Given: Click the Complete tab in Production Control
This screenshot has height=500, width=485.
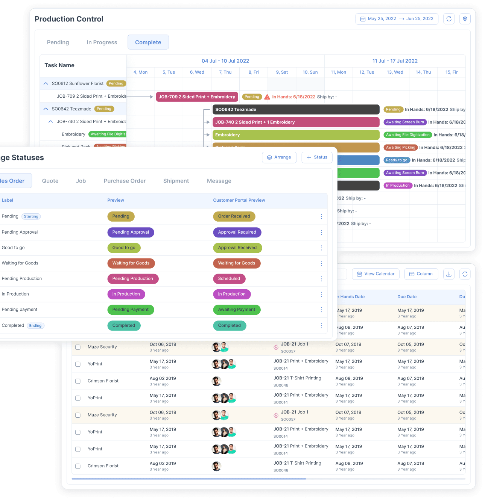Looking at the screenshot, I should (x=148, y=42).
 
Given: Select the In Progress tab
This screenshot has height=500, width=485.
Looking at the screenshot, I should (x=102, y=42).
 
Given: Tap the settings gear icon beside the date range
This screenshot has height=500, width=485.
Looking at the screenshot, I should (x=465, y=19).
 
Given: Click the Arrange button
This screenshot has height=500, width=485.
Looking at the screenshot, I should (x=279, y=157).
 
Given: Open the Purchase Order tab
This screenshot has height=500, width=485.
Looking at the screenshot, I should (x=125, y=181).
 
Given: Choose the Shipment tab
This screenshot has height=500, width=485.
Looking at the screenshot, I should (x=176, y=181).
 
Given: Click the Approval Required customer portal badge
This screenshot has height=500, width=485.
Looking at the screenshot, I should (x=237, y=232).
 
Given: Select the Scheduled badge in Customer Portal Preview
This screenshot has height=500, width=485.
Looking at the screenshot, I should (x=229, y=279).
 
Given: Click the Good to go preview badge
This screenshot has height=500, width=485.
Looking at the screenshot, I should (x=124, y=248).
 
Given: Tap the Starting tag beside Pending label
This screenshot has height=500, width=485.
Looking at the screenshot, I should (x=31, y=216).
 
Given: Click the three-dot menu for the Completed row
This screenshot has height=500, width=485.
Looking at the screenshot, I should (x=321, y=326).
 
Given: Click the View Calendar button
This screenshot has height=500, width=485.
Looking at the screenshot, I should (x=376, y=274).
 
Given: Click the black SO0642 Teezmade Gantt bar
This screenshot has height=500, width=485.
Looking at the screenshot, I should (x=296, y=110).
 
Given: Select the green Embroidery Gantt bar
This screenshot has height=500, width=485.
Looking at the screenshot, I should (x=296, y=135).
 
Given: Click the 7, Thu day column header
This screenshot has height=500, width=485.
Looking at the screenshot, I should (x=225, y=72).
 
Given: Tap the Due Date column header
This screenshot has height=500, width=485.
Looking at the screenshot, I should (x=407, y=297).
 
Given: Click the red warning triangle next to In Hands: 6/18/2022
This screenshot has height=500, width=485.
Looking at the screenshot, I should (x=267, y=97).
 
